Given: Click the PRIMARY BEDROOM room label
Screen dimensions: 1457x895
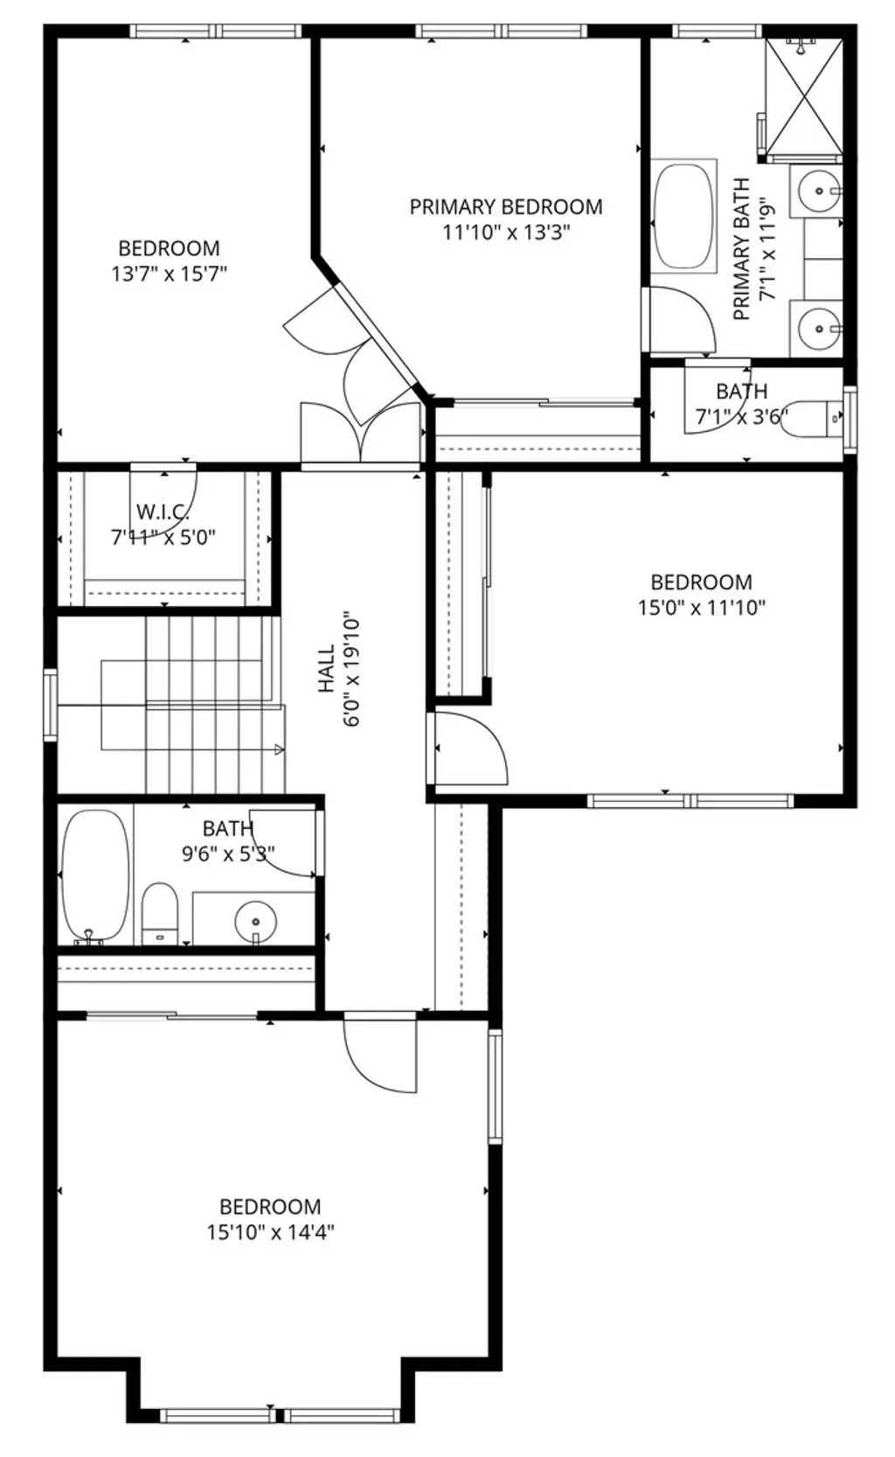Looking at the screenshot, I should pos(505,207).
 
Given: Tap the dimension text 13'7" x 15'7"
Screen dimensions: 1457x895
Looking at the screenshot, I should pos(169,274).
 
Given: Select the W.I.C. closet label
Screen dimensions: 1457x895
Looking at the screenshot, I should pos(163,512).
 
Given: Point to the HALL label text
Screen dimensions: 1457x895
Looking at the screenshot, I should pos(326,670).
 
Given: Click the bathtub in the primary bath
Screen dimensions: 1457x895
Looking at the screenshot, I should pos(684,215).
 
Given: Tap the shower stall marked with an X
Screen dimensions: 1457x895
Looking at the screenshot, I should pos(803,96).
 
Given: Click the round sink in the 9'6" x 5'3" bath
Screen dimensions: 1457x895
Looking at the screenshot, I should pos(255,920).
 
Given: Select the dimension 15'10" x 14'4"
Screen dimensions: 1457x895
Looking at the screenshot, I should pos(271,1232).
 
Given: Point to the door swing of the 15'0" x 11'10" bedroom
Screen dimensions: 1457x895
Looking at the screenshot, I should pos(470,748).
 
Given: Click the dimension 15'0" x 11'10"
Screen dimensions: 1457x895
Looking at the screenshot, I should pos(701,608).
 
